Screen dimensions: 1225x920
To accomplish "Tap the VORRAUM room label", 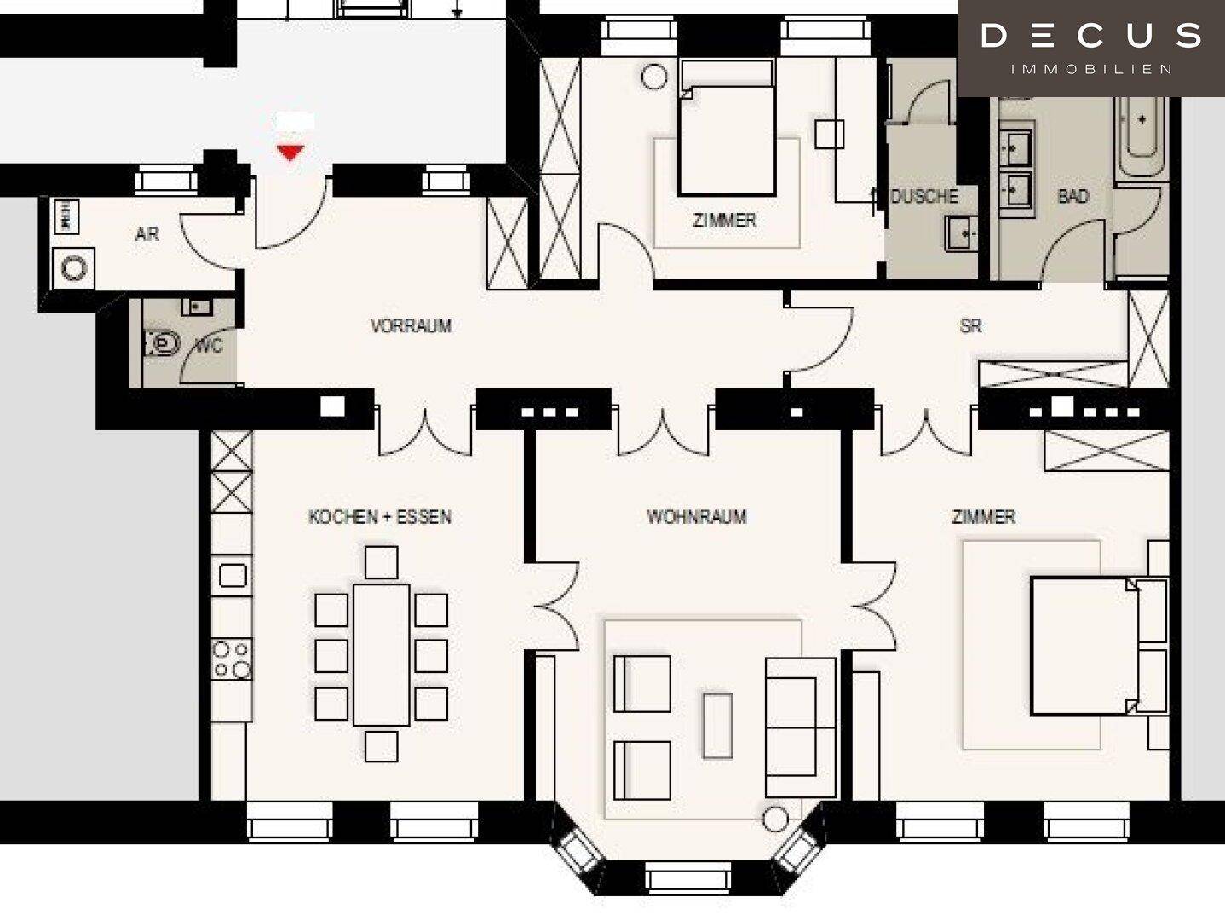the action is [411, 325].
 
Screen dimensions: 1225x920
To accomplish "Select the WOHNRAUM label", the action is [697, 516].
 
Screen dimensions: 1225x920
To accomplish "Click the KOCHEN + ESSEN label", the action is [380, 517].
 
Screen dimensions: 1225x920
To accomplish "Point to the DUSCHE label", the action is [924, 197].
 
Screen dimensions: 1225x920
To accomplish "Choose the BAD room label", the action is [1073, 197].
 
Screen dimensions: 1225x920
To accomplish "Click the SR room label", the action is [970, 325].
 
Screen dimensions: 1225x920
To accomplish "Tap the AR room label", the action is [147, 234].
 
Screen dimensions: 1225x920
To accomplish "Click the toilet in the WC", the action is [162, 343].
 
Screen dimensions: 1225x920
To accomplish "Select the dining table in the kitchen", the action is [381, 654].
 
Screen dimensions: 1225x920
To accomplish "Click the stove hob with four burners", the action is [232, 659].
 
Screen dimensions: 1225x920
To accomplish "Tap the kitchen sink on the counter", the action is [233, 575].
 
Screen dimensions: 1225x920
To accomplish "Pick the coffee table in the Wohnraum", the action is [717, 726].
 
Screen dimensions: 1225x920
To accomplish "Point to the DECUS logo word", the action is [1091, 36].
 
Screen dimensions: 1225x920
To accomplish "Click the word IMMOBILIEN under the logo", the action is [1091, 69].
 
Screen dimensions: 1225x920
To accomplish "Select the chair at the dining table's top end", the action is [381, 562].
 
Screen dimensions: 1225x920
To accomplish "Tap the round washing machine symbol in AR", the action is [73, 269].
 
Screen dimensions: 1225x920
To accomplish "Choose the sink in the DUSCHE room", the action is [960, 233].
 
